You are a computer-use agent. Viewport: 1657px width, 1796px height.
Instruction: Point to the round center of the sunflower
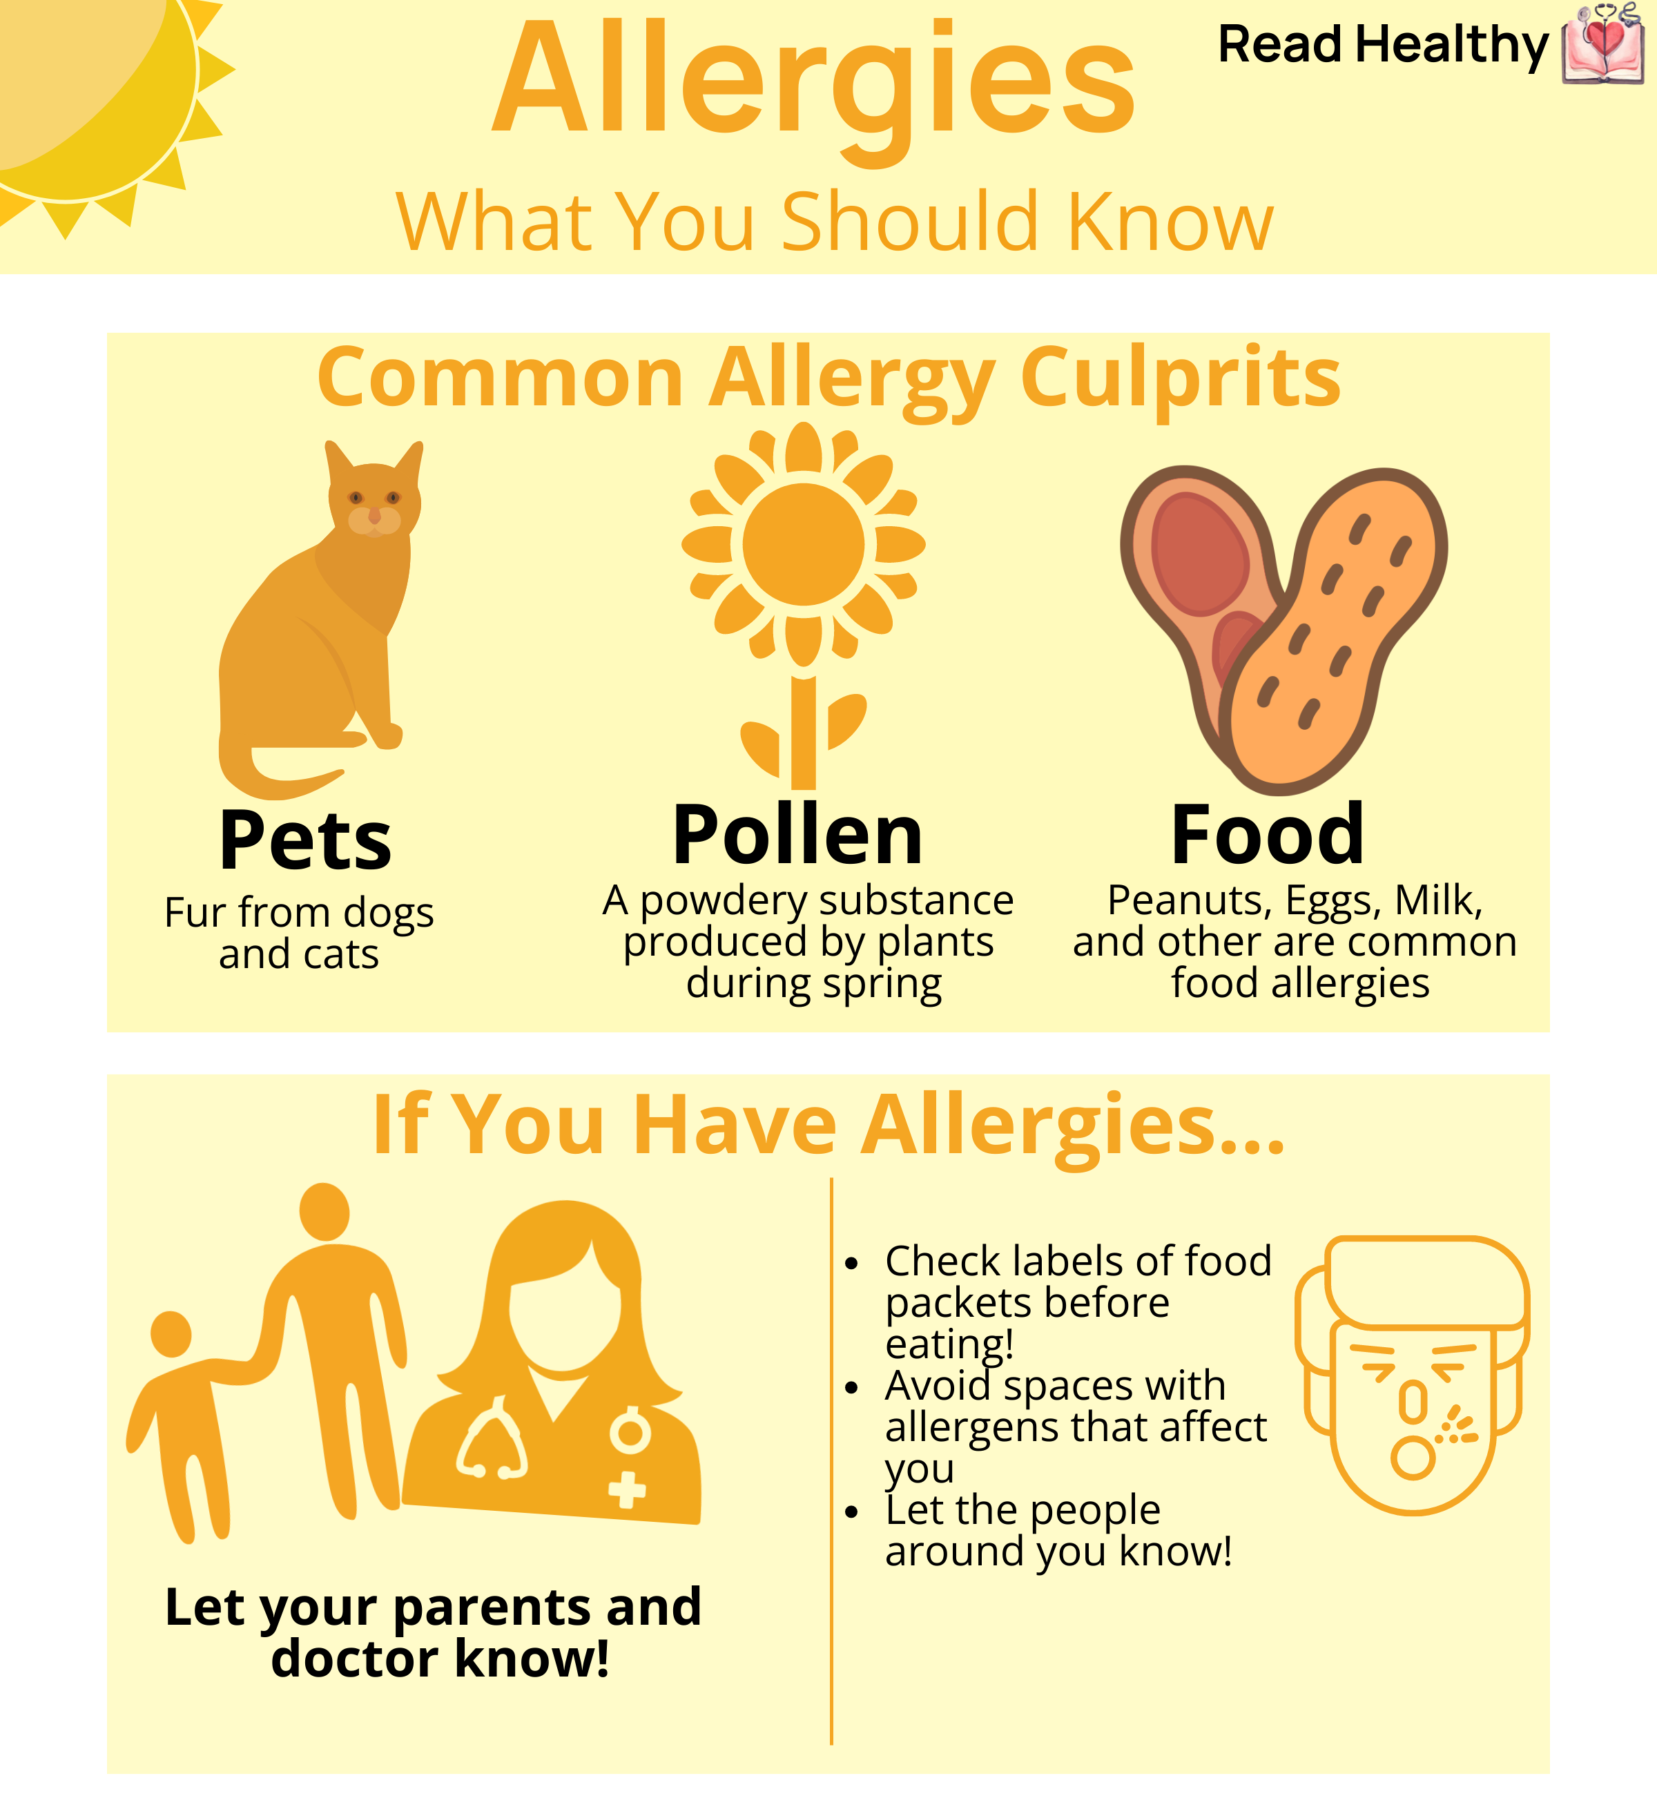804,544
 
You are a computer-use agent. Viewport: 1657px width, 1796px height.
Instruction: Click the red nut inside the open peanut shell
1200,554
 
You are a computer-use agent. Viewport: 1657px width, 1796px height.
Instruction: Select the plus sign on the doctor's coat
627,1490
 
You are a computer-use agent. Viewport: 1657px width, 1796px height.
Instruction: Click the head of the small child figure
171,1333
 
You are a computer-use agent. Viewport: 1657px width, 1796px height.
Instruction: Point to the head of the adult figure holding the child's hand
324,1211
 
